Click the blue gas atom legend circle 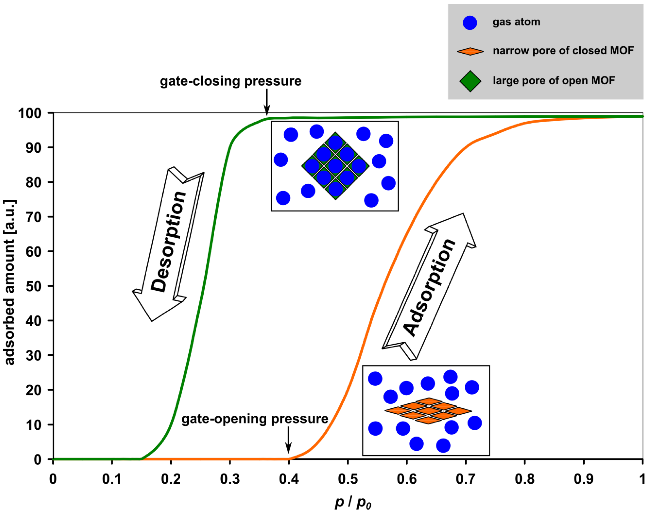[470, 23]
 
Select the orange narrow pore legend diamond [470, 51]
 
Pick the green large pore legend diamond [470, 81]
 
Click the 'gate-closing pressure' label [230, 81]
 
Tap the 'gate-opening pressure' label [255, 419]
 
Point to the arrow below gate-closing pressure [267, 102]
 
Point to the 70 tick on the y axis [33, 217]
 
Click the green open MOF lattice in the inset [335, 166]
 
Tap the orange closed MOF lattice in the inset [428, 411]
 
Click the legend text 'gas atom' [516, 22]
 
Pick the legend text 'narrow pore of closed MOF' [563, 51]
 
